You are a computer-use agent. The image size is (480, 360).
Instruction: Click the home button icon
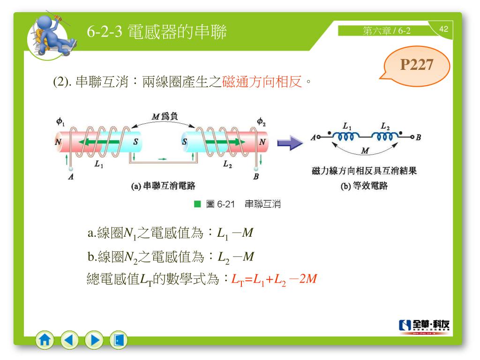[45, 340]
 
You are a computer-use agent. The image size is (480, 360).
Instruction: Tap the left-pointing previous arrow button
[70, 340]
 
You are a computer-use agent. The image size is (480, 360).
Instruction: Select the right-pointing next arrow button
[94, 340]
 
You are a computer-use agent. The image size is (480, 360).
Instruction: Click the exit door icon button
[119, 340]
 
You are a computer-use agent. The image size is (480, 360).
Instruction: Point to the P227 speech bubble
[416, 66]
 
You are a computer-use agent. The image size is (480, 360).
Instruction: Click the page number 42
[443, 30]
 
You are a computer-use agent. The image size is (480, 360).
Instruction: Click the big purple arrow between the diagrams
[290, 142]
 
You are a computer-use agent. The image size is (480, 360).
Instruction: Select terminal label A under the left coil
[70, 177]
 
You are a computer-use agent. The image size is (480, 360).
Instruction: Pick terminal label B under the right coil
[256, 177]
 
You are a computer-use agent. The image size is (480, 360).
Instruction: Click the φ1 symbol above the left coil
[61, 121]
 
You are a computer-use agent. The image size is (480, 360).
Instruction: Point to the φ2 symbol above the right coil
[261, 121]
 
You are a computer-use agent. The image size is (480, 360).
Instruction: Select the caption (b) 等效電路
[364, 186]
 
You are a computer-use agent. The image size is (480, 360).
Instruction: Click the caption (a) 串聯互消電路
[163, 186]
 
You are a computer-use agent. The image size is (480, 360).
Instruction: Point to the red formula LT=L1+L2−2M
[274, 279]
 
